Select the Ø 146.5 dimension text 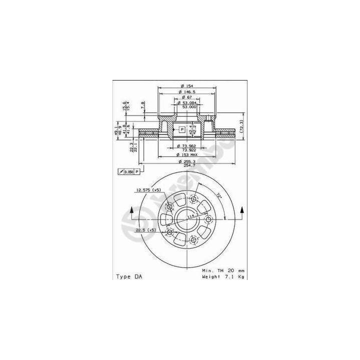188,92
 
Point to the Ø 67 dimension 188,98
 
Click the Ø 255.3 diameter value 188,162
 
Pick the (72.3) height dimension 241,129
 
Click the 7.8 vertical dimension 143,105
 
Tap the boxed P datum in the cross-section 182,129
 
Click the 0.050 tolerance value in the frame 129,172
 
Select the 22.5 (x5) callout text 145,230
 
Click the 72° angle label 218,195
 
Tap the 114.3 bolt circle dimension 193,216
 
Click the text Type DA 128,276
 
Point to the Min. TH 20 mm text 223,270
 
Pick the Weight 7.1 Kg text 223,276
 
